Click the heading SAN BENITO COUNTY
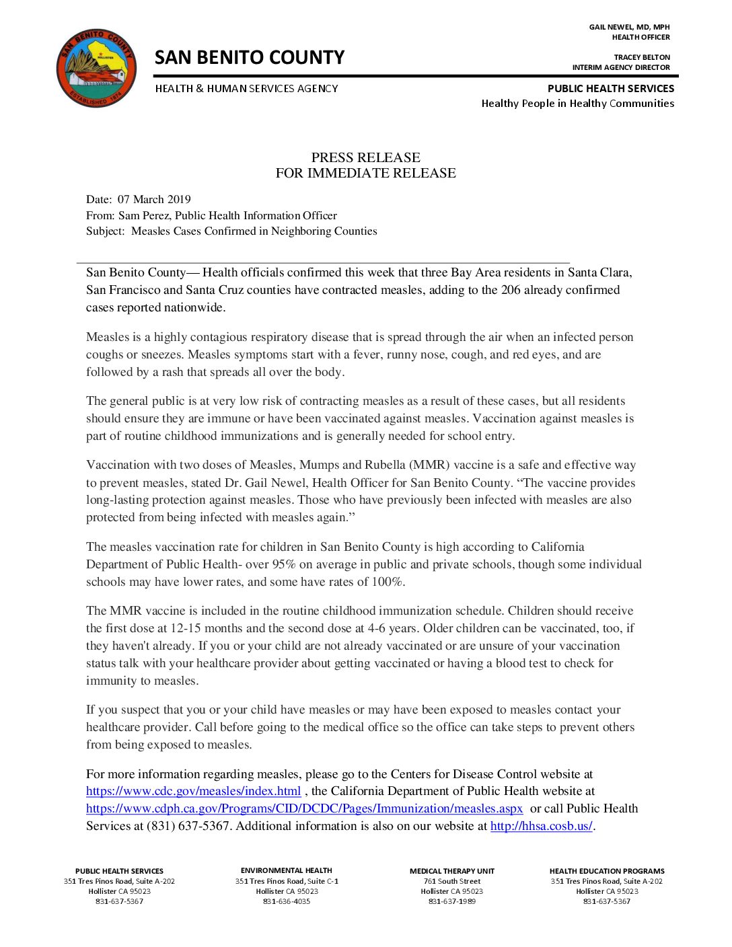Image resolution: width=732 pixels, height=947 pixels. tap(250, 58)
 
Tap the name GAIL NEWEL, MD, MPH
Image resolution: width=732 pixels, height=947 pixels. tap(629, 27)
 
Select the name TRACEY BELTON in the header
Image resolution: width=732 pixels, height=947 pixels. tap(642, 57)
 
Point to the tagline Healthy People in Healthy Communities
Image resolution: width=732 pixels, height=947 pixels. tap(577, 104)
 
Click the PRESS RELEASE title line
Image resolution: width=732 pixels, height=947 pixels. tap(365, 157)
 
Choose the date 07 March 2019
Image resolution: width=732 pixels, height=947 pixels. tap(154, 199)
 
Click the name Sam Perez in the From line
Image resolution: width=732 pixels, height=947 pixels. tap(141, 215)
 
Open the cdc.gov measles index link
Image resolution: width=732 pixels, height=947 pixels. tap(193, 792)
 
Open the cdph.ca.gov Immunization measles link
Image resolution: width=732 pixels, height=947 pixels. tap(304, 808)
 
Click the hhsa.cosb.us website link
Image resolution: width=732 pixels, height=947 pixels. tap(541, 826)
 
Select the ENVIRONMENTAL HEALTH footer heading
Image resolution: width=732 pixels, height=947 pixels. tap(286, 870)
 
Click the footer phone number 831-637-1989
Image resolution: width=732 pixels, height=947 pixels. tap(451, 901)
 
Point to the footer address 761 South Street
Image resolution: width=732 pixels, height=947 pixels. tap(451, 881)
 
